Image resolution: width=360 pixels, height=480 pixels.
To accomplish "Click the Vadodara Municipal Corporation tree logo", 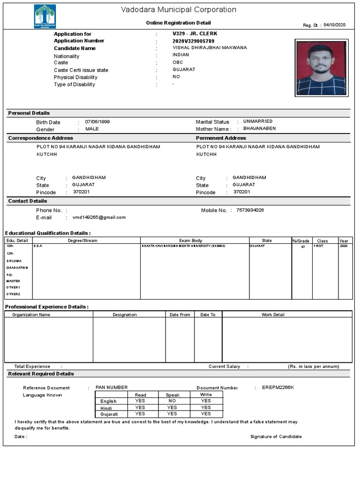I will pyautogui.click(x=45, y=16).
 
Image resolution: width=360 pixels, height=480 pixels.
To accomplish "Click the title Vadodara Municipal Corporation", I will pyautogui.click(x=179, y=10).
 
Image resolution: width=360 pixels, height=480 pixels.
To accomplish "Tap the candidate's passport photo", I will pyautogui.click(x=321, y=68).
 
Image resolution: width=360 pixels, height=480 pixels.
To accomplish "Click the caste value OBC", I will pyautogui.click(x=178, y=62).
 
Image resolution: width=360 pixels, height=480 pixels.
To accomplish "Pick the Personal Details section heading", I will pyautogui.click(x=29, y=113).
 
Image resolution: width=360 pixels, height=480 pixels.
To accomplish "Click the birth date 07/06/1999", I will pyautogui.click(x=97, y=122).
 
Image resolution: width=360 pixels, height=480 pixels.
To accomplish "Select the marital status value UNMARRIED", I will pyautogui.click(x=257, y=121).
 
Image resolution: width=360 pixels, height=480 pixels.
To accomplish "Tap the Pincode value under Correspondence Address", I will pyautogui.click(x=81, y=192).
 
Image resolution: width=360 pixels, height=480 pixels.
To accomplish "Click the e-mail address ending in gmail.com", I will pyautogui.click(x=99, y=217).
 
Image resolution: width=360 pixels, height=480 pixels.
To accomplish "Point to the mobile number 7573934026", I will pyautogui.click(x=250, y=210).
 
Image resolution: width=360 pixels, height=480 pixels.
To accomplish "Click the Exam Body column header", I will pyautogui.click(x=191, y=240).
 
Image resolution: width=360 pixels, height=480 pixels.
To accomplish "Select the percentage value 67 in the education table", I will pyautogui.click(x=303, y=247).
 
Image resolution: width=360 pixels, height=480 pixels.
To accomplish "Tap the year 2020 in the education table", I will pyautogui.click(x=343, y=246).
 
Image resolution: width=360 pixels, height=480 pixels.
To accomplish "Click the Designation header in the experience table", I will pyautogui.click(x=125, y=315).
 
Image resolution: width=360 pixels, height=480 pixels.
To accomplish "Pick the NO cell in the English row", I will pyautogui.click(x=172, y=401).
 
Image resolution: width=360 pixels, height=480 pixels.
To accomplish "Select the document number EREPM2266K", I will pyautogui.click(x=278, y=388).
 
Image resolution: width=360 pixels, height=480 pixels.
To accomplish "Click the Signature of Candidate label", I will pyautogui.click(x=276, y=436).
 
